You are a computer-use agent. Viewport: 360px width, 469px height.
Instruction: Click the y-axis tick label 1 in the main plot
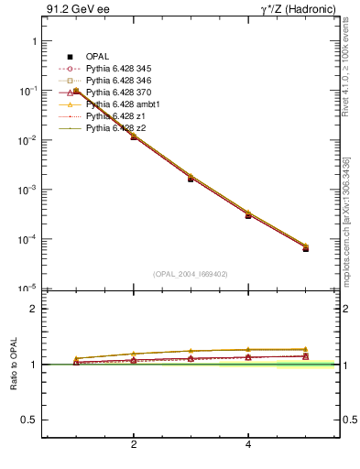[x=33, y=42]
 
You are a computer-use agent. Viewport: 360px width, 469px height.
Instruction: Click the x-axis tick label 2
[x=134, y=445]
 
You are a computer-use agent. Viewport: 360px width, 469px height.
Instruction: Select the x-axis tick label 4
[x=248, y=445]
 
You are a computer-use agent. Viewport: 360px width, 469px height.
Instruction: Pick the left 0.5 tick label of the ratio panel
[x=28, y=420]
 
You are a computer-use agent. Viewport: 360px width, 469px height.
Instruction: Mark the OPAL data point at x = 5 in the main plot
[x=306, y=248]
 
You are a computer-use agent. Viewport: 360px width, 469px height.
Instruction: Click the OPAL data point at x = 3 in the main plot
[x=191, y=178]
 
